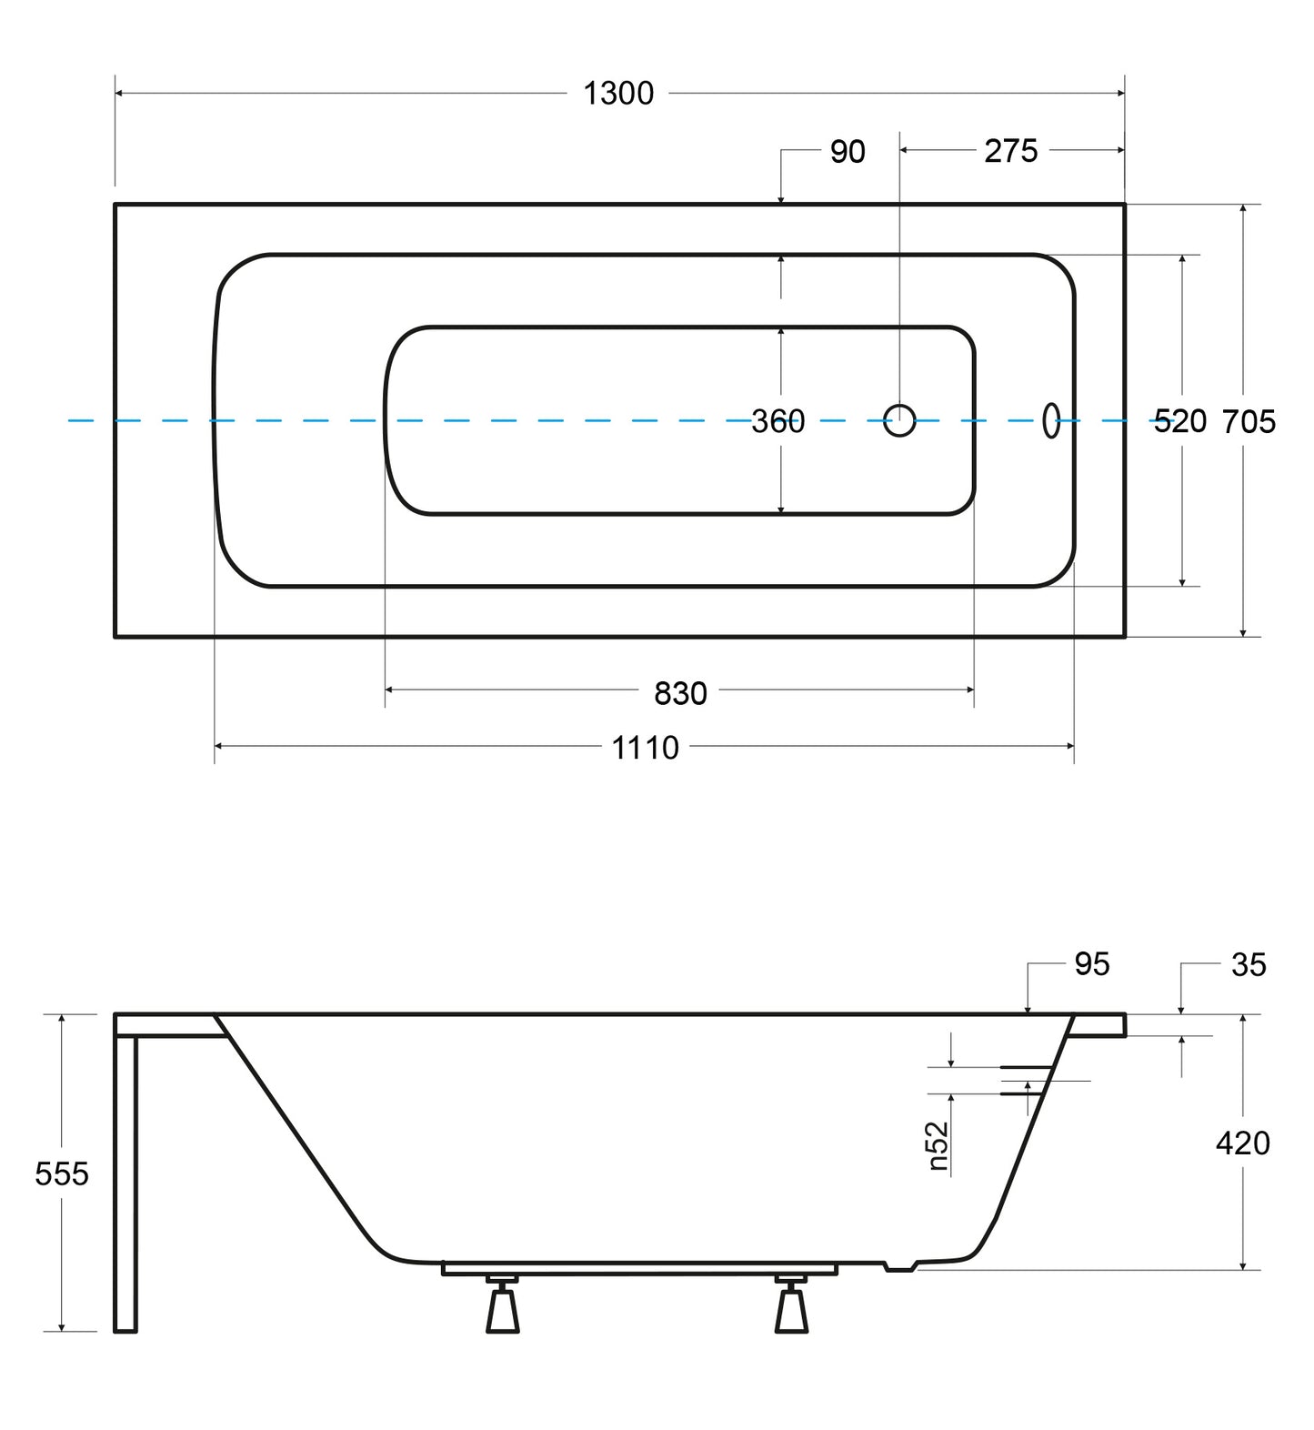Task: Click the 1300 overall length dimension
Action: click(x=618, y=94)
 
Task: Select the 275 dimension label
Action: click(x=1010, y=151)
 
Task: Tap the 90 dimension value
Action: click(x=848, y=152)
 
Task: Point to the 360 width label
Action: click(x=778, y=421)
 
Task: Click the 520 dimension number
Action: click(x=1179, y=421)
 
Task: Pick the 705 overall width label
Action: click(x=1249, y=421)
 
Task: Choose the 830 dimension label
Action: click(x=680, y=694)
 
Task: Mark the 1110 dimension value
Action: click(x=645, y=748)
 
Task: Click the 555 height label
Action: click(x=62, y=1174)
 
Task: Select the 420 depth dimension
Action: click(x=1243, y=1143)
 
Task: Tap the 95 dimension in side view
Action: click(x=1092, y=964)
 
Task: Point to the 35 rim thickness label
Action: click(x=1249, y=965)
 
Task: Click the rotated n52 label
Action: click(x=939, y=1146)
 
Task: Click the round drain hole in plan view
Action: click(x=899, y=420)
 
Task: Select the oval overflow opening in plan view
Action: click(x=1051, y=420)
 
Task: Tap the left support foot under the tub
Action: click(x=502, y=1304)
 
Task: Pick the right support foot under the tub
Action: click(x=790, y=1304)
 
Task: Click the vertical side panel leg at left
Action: click(x=125, y=1183)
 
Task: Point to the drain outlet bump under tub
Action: click(x=901, y=1265)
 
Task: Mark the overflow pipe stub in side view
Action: click(x=1027, y=1081)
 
